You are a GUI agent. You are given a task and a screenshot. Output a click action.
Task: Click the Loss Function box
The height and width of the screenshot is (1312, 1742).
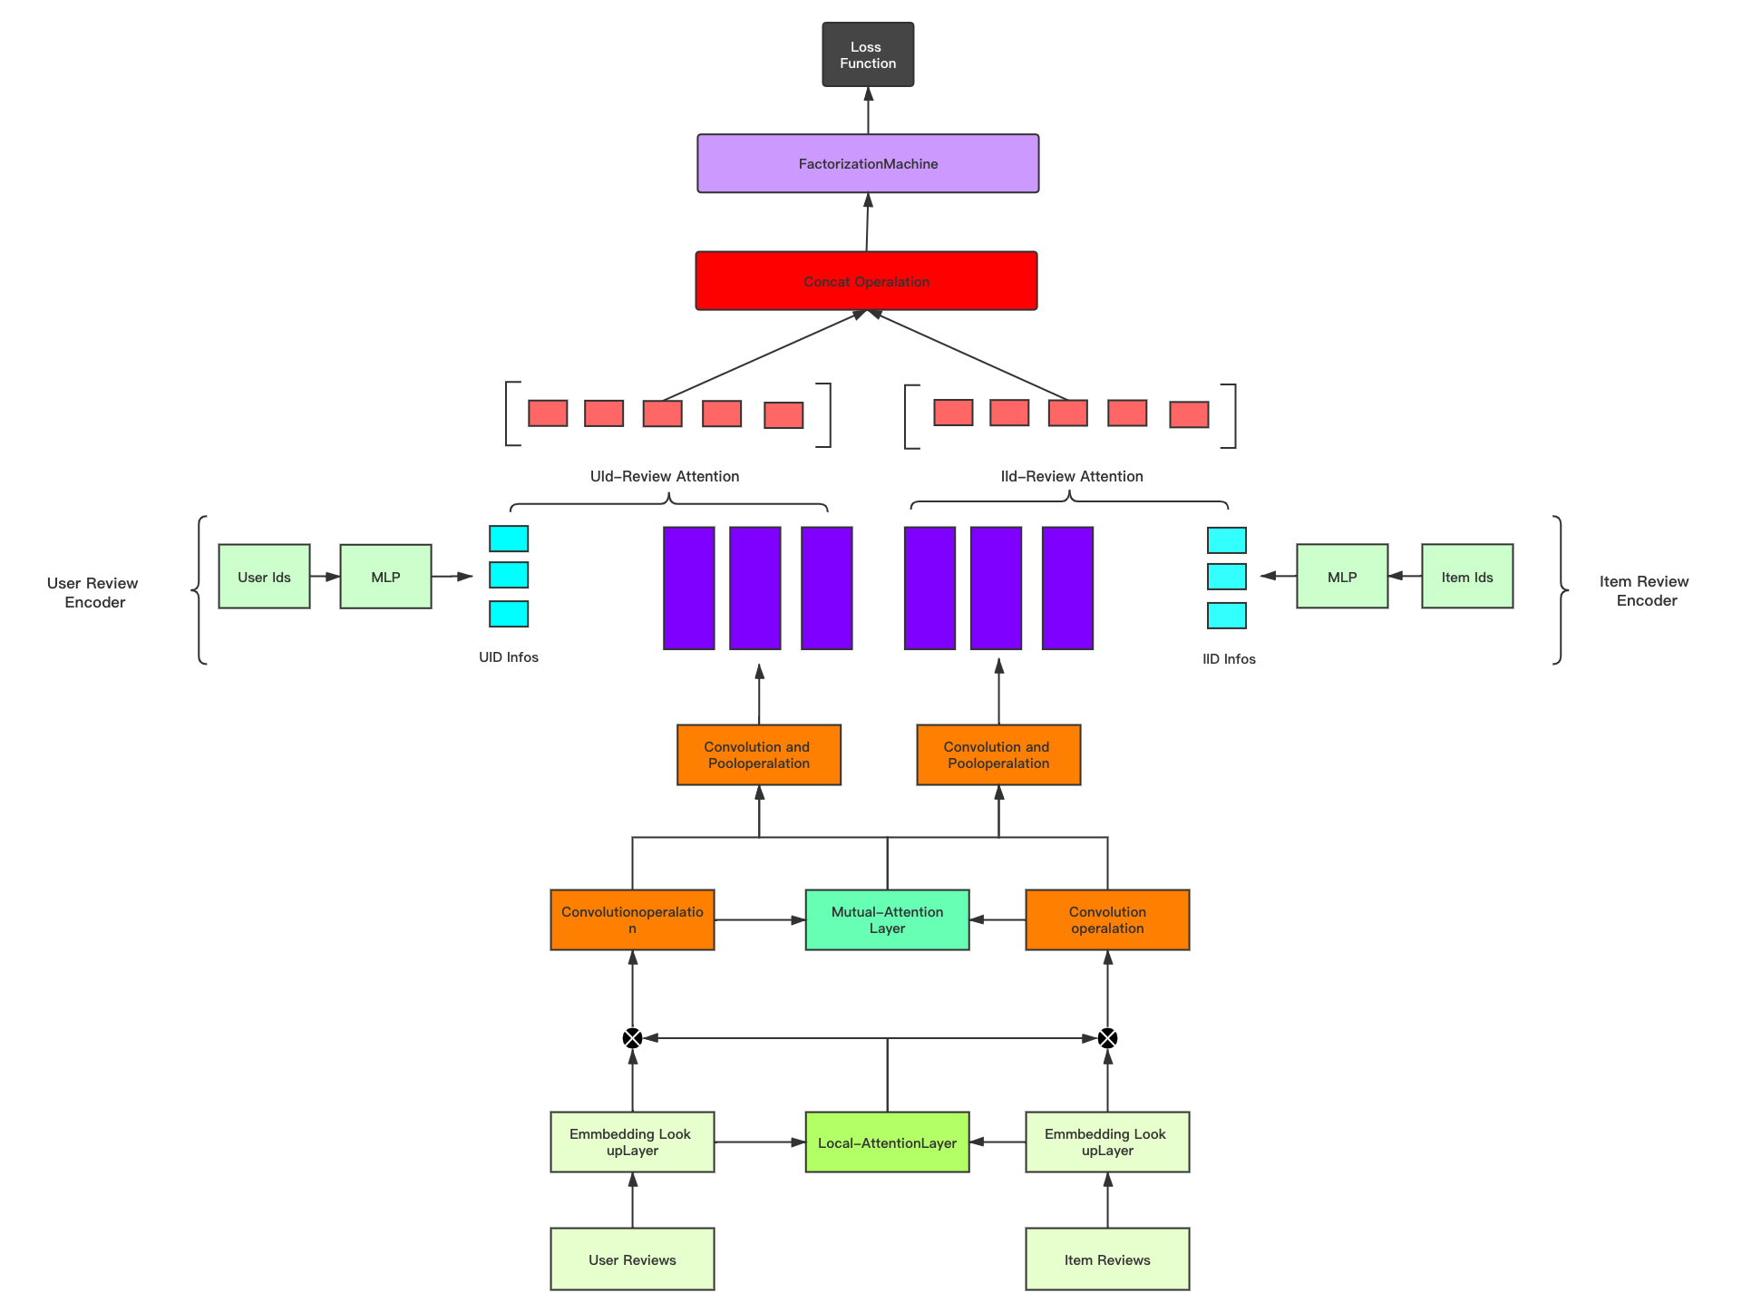click(x=868, y=54)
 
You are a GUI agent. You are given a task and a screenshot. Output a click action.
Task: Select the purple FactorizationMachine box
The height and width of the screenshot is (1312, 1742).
click(x=868, y=164)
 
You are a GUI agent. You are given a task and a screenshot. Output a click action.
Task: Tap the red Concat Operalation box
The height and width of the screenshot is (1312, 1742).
click(x=866, y=281)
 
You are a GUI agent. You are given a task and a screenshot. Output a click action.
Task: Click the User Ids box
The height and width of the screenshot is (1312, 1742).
click(x=264, y=577)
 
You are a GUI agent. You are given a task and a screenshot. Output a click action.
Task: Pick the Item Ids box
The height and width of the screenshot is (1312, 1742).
click(x=1466, y=577)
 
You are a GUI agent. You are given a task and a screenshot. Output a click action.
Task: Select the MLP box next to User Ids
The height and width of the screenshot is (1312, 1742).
click(x=385, y=577)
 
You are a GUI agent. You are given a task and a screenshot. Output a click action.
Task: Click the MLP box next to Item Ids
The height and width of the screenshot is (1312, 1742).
click(x=1341, y=577)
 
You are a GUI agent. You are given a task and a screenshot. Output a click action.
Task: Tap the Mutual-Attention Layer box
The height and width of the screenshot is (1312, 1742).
click(x=887, y=919)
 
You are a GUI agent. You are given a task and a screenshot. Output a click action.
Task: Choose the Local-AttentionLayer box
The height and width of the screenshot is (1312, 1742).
click(x=887, y=1142)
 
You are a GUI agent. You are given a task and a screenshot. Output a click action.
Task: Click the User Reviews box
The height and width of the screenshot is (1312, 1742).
click(x=632, y=1259)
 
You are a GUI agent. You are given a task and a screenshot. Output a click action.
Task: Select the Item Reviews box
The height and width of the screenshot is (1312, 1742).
click(x=1107, y=1259)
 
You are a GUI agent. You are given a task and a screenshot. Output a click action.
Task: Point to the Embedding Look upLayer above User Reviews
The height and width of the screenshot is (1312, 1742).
click(x=632, y=1142)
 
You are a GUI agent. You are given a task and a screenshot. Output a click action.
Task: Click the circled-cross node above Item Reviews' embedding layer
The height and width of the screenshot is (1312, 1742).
click(x=1107, y=1038)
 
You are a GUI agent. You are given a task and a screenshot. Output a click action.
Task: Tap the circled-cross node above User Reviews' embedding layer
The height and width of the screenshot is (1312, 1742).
click(x=632, y=1038)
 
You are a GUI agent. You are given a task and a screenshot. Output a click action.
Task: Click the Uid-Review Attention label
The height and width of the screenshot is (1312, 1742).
click(x=665, y=476)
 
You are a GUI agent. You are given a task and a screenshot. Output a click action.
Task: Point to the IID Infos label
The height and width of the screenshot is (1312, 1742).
click(x=1229, y=659)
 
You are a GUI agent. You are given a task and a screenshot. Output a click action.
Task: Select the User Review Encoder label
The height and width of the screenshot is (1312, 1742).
click(x=93, y=592)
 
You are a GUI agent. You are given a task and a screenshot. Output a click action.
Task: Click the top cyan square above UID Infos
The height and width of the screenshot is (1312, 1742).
click(x=509, y=539)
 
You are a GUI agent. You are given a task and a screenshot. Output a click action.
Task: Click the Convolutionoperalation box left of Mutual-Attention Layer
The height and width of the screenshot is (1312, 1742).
click(x=632, y=919)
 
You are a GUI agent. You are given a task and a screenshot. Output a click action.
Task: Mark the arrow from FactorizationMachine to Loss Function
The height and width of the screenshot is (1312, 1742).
click(x=868, y=111)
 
